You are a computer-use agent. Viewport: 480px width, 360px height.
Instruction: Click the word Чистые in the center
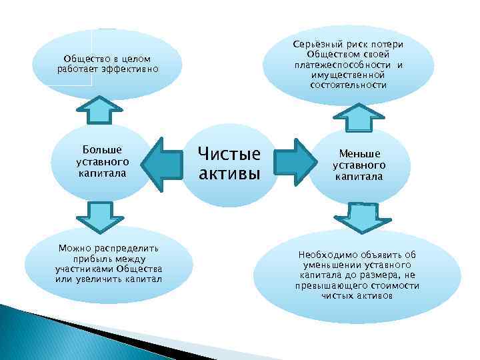click(229, 155)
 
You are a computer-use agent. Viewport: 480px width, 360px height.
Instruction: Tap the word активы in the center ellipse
click(229, 175)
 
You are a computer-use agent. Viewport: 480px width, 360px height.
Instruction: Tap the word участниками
click(82, 269)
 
